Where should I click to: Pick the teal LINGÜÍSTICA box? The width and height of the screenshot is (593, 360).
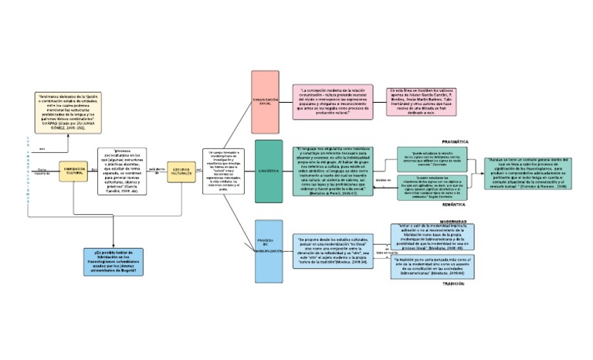coord(268,172)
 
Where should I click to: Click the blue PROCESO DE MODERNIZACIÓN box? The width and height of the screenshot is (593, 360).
coord(269,251)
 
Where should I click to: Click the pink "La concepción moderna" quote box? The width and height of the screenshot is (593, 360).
coord(332,101)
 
